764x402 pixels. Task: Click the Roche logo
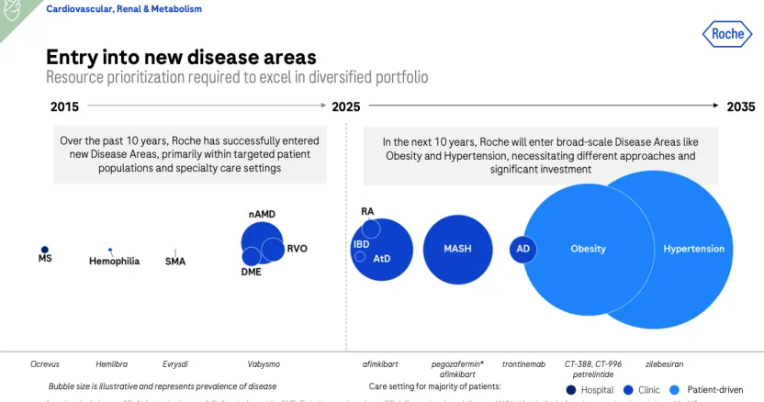point(728,35)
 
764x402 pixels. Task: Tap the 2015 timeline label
point(65,106)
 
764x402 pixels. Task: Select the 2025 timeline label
point(345,106)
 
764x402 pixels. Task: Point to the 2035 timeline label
point(740,106)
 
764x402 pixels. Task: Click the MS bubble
point(44,249)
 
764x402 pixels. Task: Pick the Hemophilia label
point(114,262)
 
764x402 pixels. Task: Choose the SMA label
point(175,262)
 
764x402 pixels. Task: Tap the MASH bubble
point(457,249)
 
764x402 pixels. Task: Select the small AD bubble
point(522,249)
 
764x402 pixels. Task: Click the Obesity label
point(588,249)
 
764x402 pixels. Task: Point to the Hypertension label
point(695,249)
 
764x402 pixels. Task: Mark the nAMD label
point(262,214)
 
